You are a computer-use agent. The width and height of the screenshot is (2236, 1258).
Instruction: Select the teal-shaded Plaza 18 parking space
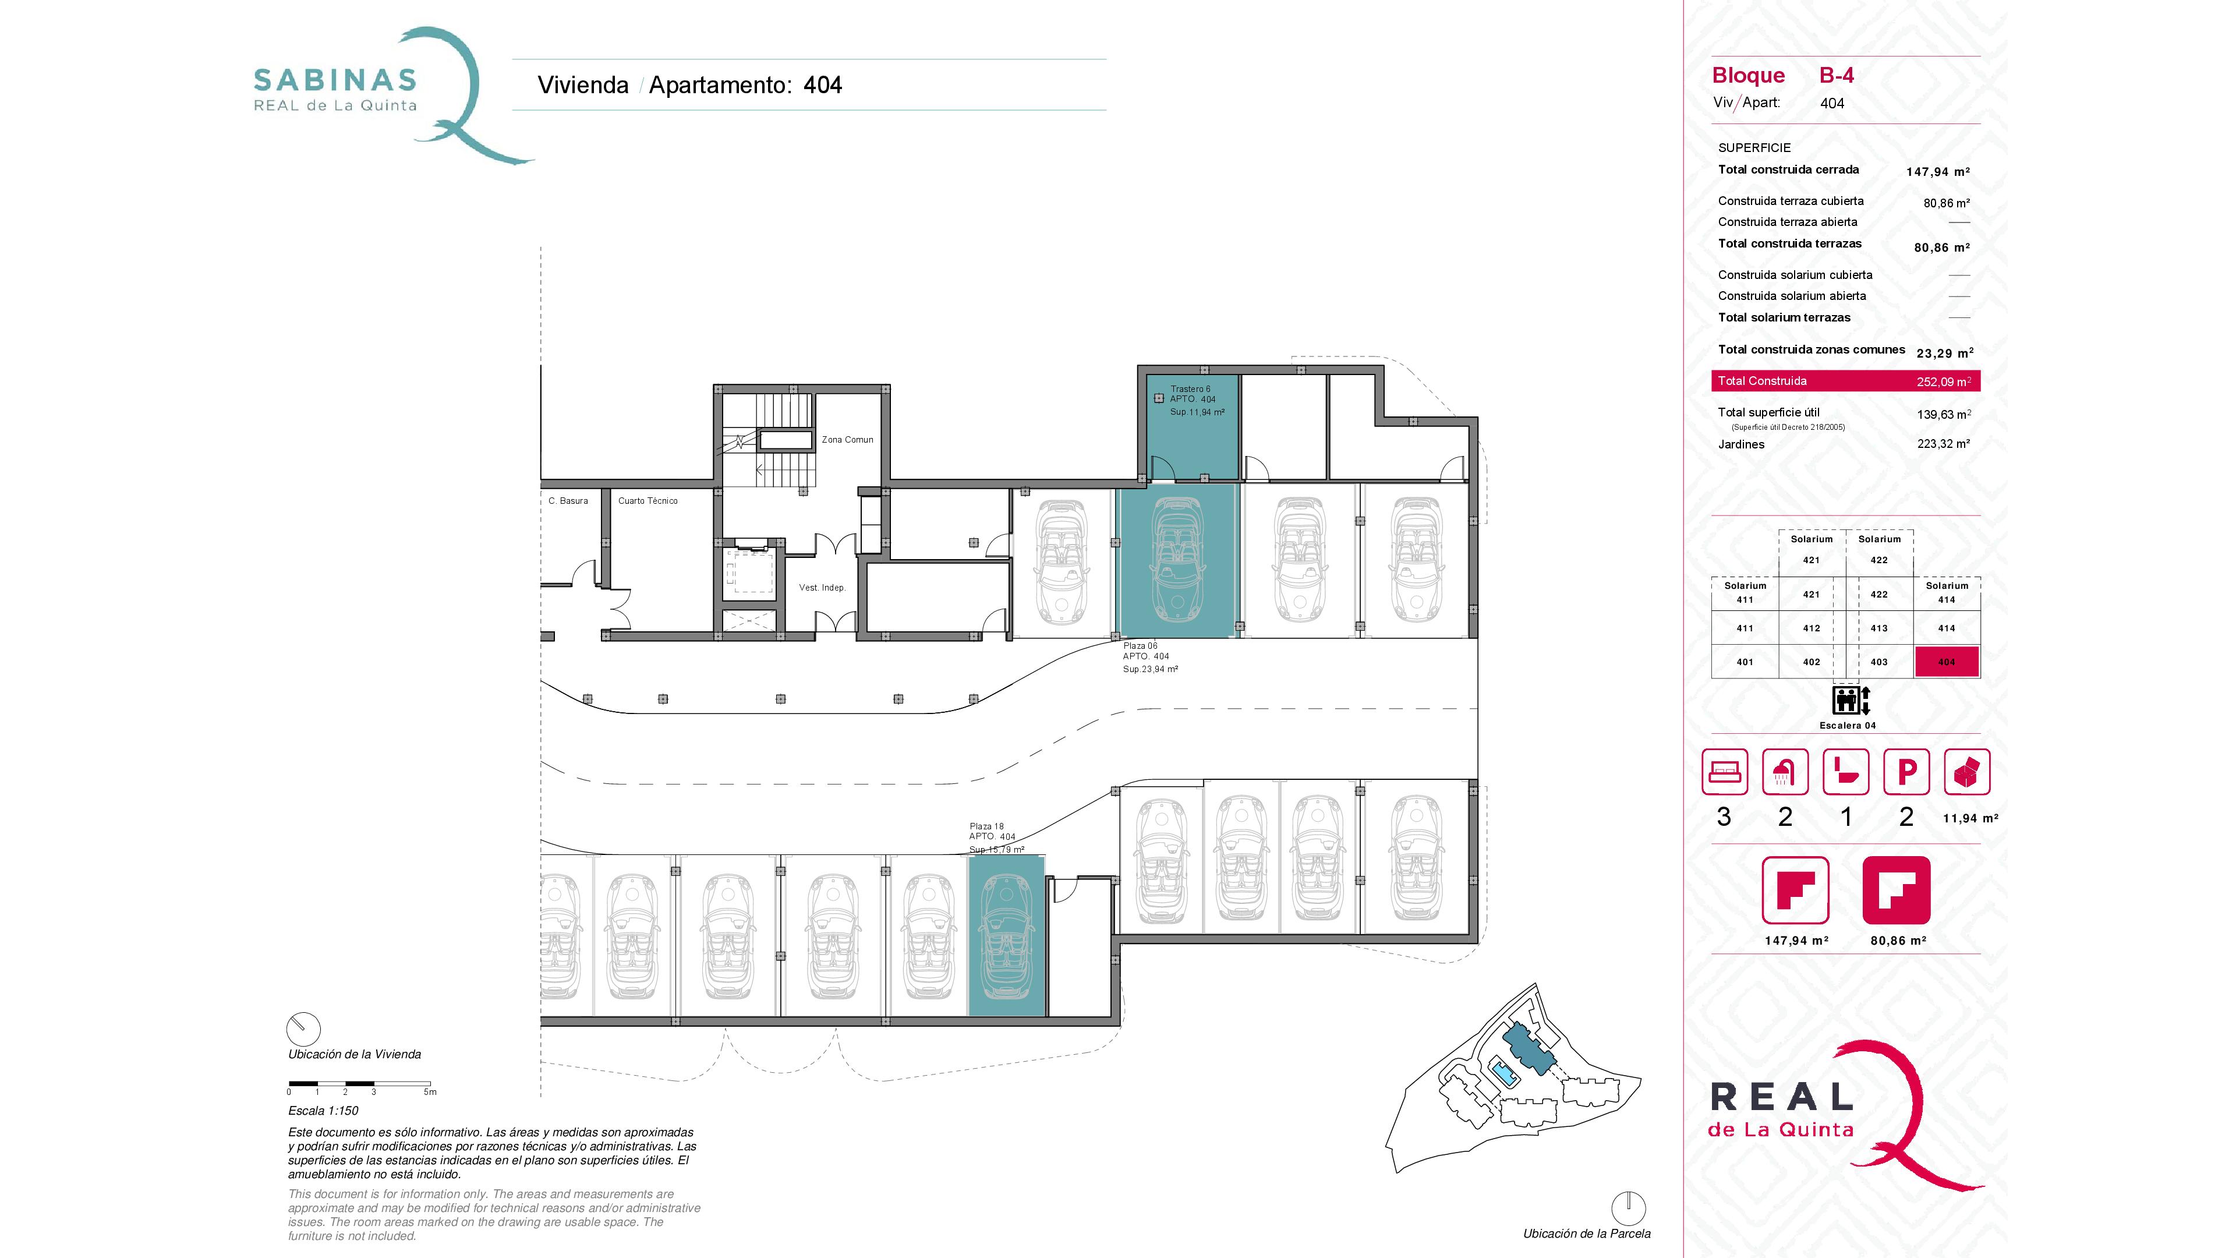tap(1007, 935)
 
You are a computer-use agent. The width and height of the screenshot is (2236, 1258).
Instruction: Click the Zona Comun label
tap(847, 439)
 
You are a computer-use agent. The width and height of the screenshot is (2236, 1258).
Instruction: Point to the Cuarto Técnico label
tap(648, 501)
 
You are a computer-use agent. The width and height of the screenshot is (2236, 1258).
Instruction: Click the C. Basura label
tap(568, 501)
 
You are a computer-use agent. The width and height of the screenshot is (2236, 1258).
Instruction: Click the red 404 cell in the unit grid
tap(1947, 662)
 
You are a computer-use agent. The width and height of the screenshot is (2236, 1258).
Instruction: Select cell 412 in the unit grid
tap(1812, 628)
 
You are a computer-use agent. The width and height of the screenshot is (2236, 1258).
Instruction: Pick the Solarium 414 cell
tap(1947, 593)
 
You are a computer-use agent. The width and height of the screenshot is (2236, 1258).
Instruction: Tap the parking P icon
tap(1906, 772)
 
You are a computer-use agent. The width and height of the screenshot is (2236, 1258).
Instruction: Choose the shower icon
tap(1785, 772)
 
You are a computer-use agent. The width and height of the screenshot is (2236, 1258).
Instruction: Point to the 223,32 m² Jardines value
tap(1944, 444)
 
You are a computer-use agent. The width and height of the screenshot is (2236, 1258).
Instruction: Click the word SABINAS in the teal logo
tap(335, 81)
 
